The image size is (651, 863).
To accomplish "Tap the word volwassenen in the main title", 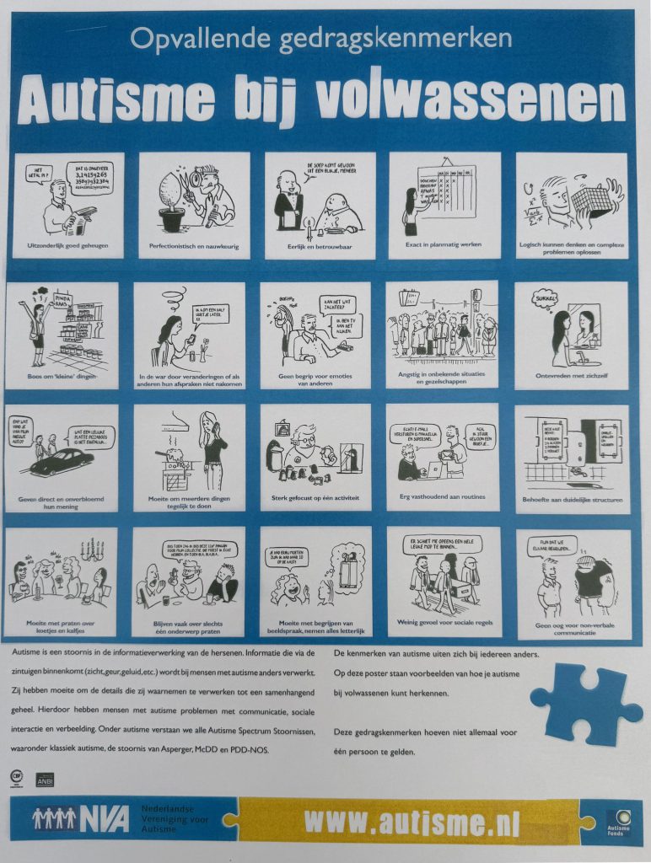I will (471, 103).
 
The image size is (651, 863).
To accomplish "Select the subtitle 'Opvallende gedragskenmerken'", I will (321, 38).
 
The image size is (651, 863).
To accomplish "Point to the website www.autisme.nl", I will (412, 820).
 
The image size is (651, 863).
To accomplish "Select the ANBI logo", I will (44, 780).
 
